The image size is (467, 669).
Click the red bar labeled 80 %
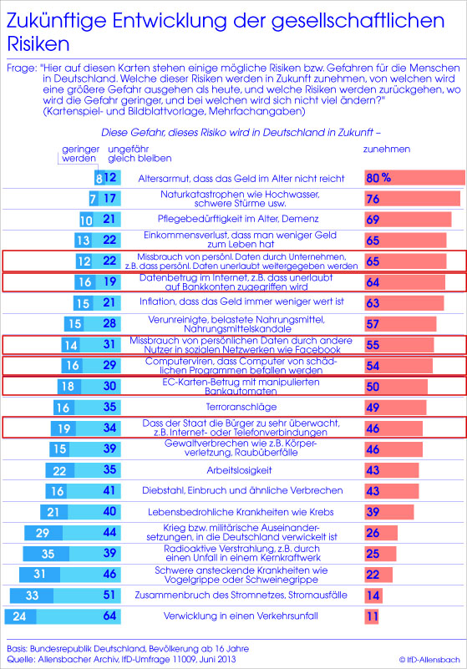pyautogui.click(x=414, y=178)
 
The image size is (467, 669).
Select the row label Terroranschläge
pyautogui.click(x=241, y=407)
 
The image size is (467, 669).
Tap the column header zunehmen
pyautogui.click(x=386, y=149)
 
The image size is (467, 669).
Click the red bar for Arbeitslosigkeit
pyautogui.click(x=392, y=470)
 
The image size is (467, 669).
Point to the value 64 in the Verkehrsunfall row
pyautogui.click(x=109, y=616)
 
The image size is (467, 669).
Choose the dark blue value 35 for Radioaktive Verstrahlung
pyautogui.click(x=48, y=554)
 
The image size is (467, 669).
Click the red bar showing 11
pyautogui.click(x=373, y=616)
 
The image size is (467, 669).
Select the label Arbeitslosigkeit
pyautogui.click(x=239, y=470)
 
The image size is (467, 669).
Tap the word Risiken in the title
pyautogui.click(x=38, y=43)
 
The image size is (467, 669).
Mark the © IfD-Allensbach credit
pyautogui.click(x=429, y=660)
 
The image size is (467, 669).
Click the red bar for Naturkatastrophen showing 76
pyautogui.click(x=413, y=199)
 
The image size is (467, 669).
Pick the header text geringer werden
pyautogui.click(x=79, y=154)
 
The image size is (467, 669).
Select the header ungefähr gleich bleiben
pyautogui.click(x=140, y=154)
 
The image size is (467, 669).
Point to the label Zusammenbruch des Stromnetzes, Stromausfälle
pyautogui.click(x=241, y=595)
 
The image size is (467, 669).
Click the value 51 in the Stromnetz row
pyautogui.click(x=109, y=595)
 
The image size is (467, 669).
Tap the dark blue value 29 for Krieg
pyautogui.click(x=43, y=533)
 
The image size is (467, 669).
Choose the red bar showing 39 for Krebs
pyautogui.click(x=388, y=512)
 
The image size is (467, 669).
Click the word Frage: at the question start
pyautogui.click(x=22, y=68)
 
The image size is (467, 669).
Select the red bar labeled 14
pyautogui.click(x=373, y=596)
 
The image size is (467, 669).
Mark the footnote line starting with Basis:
pyautogui.click(x=128, y=648)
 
